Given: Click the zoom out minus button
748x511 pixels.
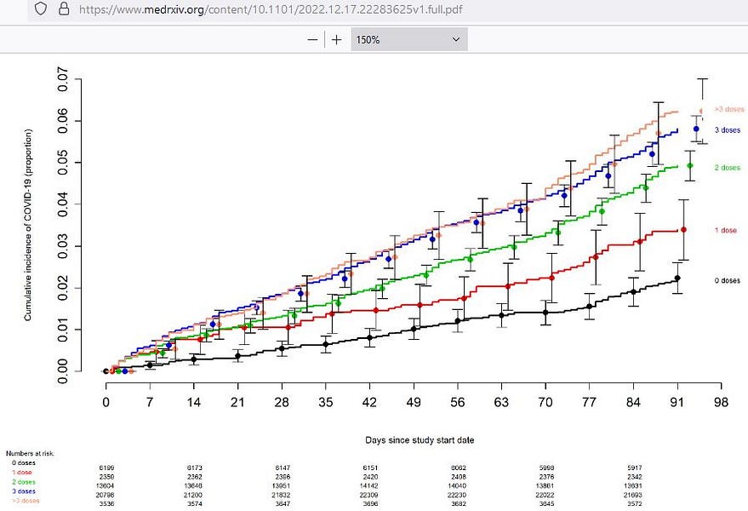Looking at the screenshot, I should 312,39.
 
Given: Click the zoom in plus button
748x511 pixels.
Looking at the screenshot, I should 336,39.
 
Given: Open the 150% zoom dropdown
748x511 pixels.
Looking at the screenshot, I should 408,39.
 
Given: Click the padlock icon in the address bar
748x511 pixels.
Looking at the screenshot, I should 62,10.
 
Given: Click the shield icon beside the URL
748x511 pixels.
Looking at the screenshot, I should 40,10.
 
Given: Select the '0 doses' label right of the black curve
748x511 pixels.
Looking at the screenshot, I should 727,280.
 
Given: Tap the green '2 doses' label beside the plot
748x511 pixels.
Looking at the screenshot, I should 727,168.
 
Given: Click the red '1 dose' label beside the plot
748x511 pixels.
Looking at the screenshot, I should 726,231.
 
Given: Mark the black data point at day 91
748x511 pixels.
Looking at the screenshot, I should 677,278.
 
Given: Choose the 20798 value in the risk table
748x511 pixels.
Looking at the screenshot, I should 109,491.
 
